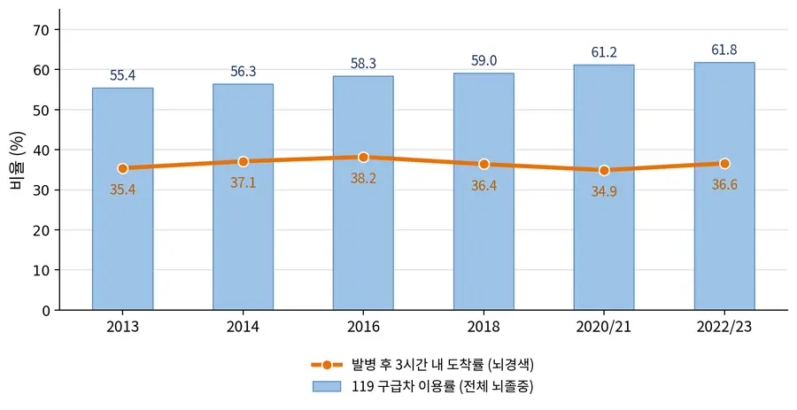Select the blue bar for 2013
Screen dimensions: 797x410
(x=122, y=198)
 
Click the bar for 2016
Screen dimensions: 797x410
(x=363, y=192)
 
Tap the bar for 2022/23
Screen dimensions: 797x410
(x=724, y=186)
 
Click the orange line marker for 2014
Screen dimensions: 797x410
(x=243, y=161)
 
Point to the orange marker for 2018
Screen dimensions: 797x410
(x=484, y=164)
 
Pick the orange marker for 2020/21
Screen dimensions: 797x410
(x=604, y=170)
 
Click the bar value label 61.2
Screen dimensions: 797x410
(x=604, y=52)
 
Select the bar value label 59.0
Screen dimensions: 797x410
(x=484, y=61)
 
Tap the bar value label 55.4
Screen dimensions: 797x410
(x=122, y=75)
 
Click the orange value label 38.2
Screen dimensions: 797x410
(x=363, y=178)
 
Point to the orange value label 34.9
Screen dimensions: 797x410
(x=604, y=191)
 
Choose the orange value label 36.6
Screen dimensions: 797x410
(x=724, y=185)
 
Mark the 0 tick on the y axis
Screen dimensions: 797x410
(x=46, y=311)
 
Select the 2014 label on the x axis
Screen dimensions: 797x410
(x=243, y=327)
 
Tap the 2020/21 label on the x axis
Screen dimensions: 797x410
(x=604, y=327)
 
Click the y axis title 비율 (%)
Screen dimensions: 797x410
(x=18, y=160)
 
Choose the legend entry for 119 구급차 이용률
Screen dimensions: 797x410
(x=423, y=387)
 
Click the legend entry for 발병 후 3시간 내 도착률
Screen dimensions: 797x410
(x=423, y=365)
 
